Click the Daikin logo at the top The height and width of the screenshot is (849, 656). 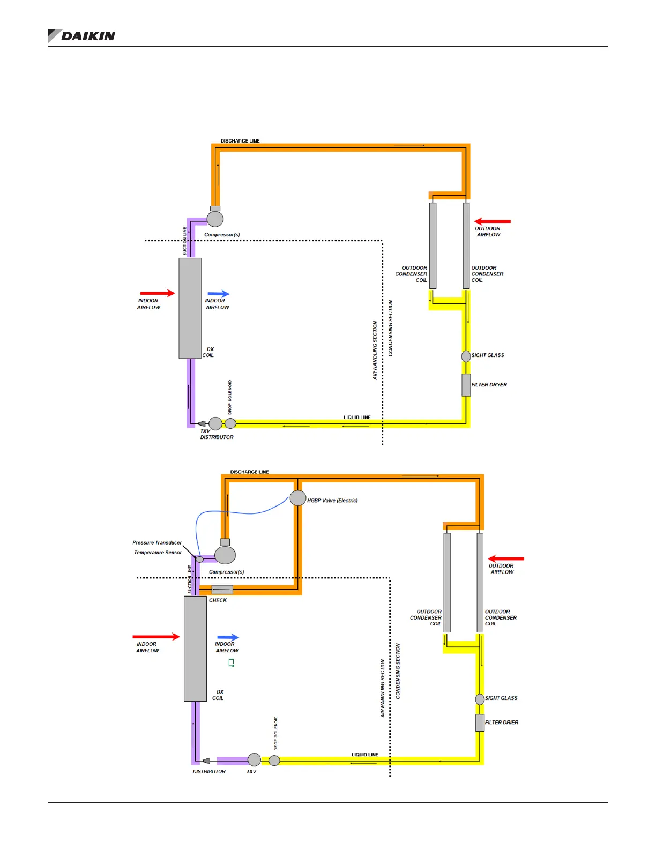click(x=82, y=35)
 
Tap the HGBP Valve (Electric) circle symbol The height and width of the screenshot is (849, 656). click(x=298, y=498)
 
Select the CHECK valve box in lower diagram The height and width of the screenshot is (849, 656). click(x=222, y=590)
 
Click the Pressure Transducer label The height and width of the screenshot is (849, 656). click(x=157, y=542)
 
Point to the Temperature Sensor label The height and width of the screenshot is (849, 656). click(x=158, y=552)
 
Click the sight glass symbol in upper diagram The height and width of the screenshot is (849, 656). click(x=466, y=355)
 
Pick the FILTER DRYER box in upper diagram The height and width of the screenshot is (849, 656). click(x=466, y=385)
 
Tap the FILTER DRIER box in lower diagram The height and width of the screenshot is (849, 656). click(x=480, y=723)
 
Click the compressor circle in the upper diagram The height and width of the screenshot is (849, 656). click(x=215, y=219)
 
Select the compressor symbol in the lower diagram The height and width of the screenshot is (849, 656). click(x=225, y=555)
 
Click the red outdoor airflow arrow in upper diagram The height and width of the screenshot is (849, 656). click(x=493, y=221)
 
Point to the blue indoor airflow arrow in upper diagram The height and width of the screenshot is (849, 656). click(x=218, y=294)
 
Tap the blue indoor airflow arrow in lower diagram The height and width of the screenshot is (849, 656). click(x=228, y=637)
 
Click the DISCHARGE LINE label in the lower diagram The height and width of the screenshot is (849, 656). click(x=249, y=472)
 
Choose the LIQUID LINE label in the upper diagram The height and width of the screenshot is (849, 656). click(x=357, y=417)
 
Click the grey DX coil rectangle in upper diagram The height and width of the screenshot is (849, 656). click(x=190, y=308)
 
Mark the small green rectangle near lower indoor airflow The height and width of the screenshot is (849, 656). click(x=232, y=662)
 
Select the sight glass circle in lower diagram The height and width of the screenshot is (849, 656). click(x=480, y=699)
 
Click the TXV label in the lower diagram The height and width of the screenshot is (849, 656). click(x=251, y=771)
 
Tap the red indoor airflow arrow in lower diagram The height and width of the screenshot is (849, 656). click(x=156, y=637)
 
